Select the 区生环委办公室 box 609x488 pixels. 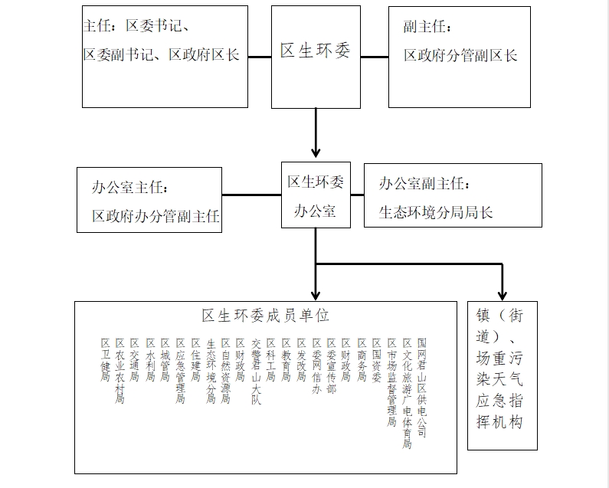point(316,195)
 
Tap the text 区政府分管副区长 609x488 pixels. point(460,55)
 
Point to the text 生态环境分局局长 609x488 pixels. point(436,212)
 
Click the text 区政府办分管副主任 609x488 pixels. point(156,217)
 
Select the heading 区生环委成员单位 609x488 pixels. point(265,315)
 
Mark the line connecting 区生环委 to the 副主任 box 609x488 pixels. point(375,56)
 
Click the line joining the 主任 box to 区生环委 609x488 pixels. point(260,56)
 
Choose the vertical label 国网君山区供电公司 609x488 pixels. point(421,387)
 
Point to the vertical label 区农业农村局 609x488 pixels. point(120,371)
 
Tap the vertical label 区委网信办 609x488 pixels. point(316,365)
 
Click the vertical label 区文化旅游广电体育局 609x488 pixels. point(407,392)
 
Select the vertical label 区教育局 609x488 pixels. point(286,360)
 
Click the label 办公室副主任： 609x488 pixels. point(424,184)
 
